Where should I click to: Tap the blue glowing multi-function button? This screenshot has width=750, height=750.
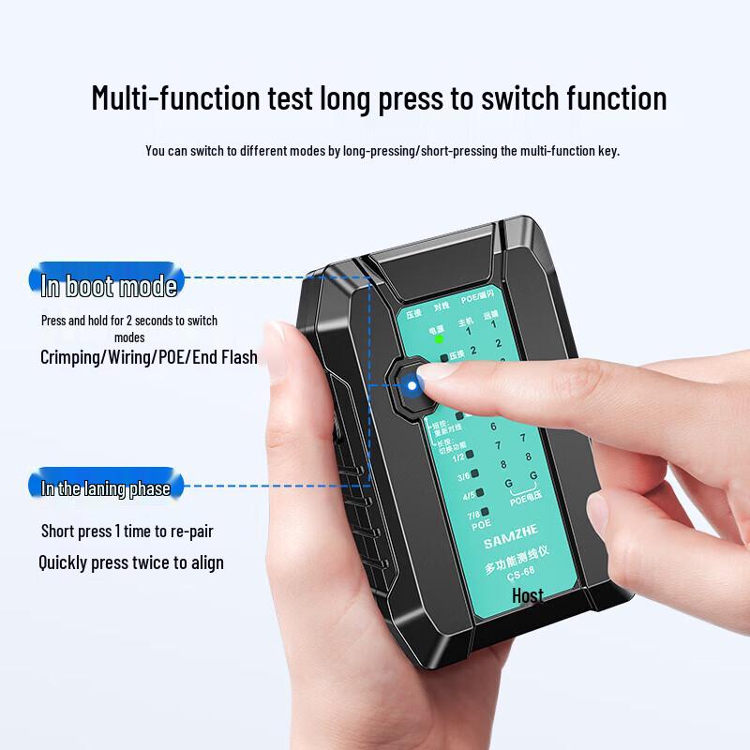[411, 384]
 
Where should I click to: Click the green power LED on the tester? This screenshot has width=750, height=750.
[439, 340]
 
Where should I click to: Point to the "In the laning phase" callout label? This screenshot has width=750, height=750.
[106, 487]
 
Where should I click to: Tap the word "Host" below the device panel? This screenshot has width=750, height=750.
[528, 595]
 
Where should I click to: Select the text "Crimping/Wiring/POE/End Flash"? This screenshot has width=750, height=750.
[148, 357]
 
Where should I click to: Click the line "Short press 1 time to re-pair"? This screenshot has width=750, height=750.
[127, 532]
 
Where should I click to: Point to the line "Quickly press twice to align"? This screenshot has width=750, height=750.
[131, 562]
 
